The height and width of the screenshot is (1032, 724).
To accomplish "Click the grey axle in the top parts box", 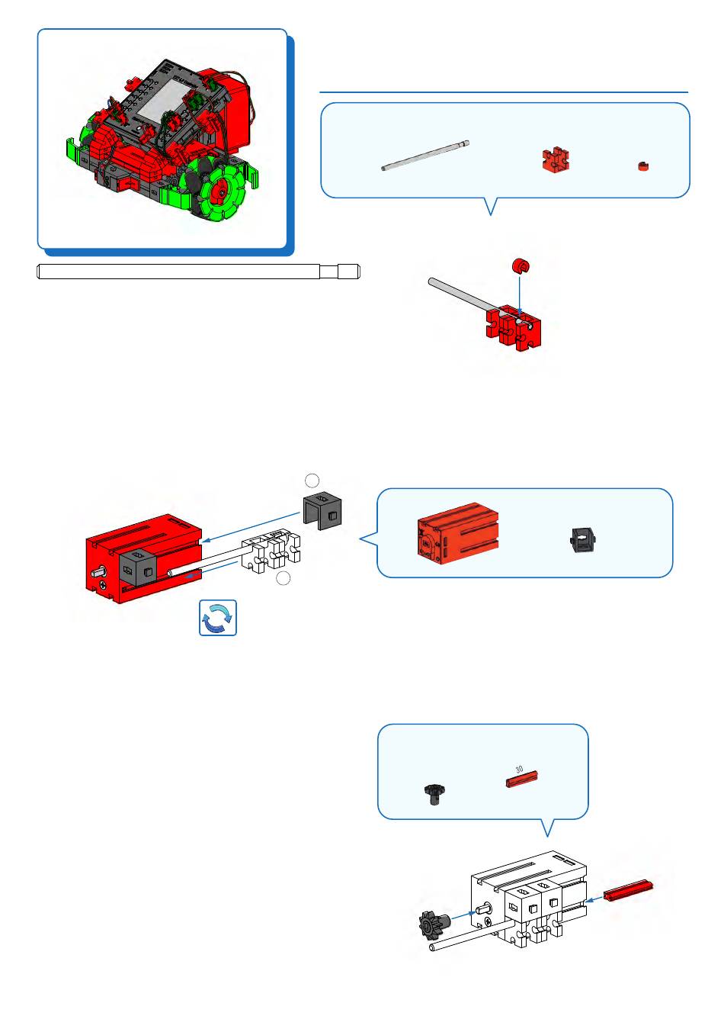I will click(425, 156).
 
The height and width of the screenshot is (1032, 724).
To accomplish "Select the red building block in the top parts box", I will click(555, 159).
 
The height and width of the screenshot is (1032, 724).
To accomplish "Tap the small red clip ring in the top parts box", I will click(644, 166).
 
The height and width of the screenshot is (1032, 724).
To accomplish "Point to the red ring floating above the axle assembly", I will click(520, 266).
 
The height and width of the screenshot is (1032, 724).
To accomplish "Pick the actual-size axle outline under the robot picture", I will click(198, 272).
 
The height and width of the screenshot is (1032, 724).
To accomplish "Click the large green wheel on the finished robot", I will click(224, 191).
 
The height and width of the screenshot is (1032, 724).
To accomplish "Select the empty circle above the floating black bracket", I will click(312, 479).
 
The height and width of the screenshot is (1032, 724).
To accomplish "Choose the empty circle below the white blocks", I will click(283, 579).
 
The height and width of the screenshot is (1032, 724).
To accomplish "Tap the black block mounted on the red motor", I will click(138, 569).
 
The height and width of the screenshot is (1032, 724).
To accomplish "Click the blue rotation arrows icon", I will click(218, 618).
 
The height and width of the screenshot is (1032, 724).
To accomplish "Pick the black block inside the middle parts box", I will click(583, 539).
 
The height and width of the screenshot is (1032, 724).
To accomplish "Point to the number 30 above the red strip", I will click(519, 769).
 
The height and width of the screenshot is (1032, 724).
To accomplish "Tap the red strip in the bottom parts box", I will click(523, 780).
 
